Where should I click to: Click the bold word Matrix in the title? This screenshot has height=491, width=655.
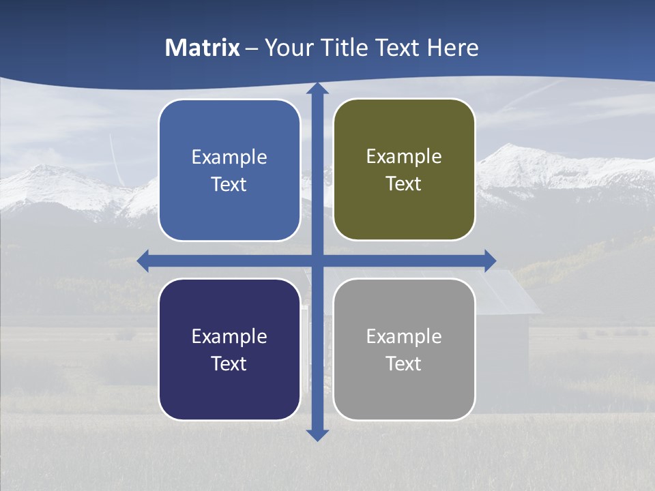click(x=202, y=48)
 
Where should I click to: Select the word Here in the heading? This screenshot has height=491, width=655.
click(x=453, y=48)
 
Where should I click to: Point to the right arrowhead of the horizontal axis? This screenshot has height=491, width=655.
click(x=490, y=261)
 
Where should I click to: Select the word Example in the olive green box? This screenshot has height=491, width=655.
click(x=404, y=157)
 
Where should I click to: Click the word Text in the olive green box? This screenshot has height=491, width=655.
click(x=404, y=183)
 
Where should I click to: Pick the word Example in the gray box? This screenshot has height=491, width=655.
click(x=404, y=336)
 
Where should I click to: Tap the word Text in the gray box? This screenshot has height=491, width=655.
click(x=404, y=363)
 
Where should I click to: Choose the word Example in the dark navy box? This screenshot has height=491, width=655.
click(x=229, y=336)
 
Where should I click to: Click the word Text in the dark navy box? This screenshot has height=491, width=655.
click(x=229, y=363)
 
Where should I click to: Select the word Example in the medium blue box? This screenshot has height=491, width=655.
click(x=229, y=158)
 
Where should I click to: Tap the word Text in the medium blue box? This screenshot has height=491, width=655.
click(x=229, y=184)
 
